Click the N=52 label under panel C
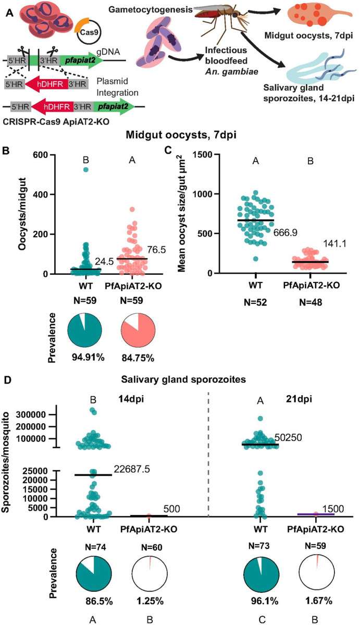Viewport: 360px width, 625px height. click(255, 304)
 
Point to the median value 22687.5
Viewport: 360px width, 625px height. click(133, 469)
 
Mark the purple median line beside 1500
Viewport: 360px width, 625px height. click(316, 514)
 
